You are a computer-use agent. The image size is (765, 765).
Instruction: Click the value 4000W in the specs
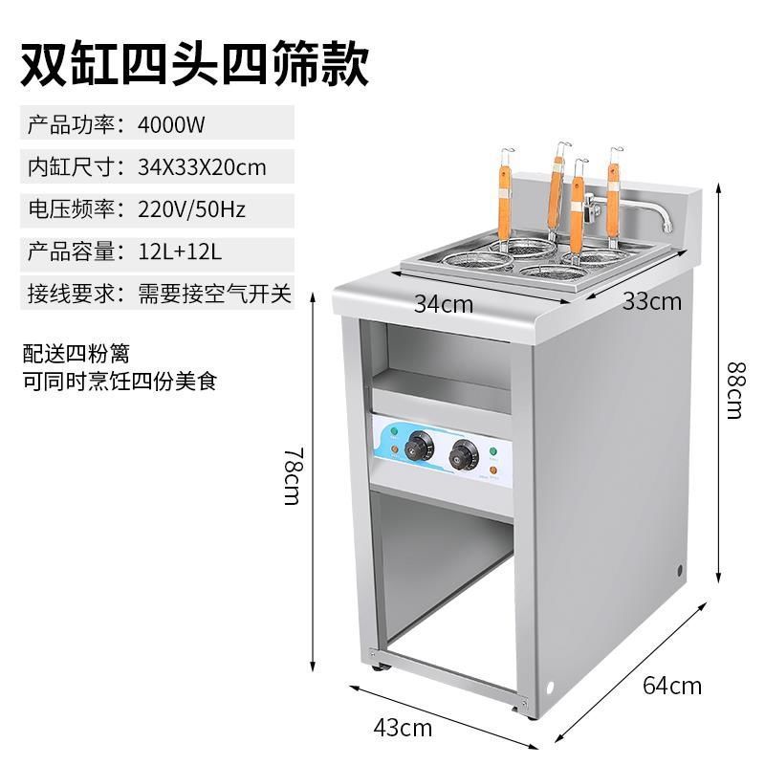(172, 123)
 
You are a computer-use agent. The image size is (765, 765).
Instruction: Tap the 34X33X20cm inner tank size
(202, 167)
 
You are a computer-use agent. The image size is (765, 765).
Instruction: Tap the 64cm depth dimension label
(671, 685)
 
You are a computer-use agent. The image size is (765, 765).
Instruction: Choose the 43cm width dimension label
(402, 728)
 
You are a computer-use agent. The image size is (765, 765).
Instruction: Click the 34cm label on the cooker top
(444, 304)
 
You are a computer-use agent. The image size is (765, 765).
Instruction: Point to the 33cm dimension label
(652, 301)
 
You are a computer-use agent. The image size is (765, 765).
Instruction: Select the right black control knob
(467, 454)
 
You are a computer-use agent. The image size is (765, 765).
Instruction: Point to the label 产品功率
(73, 123)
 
